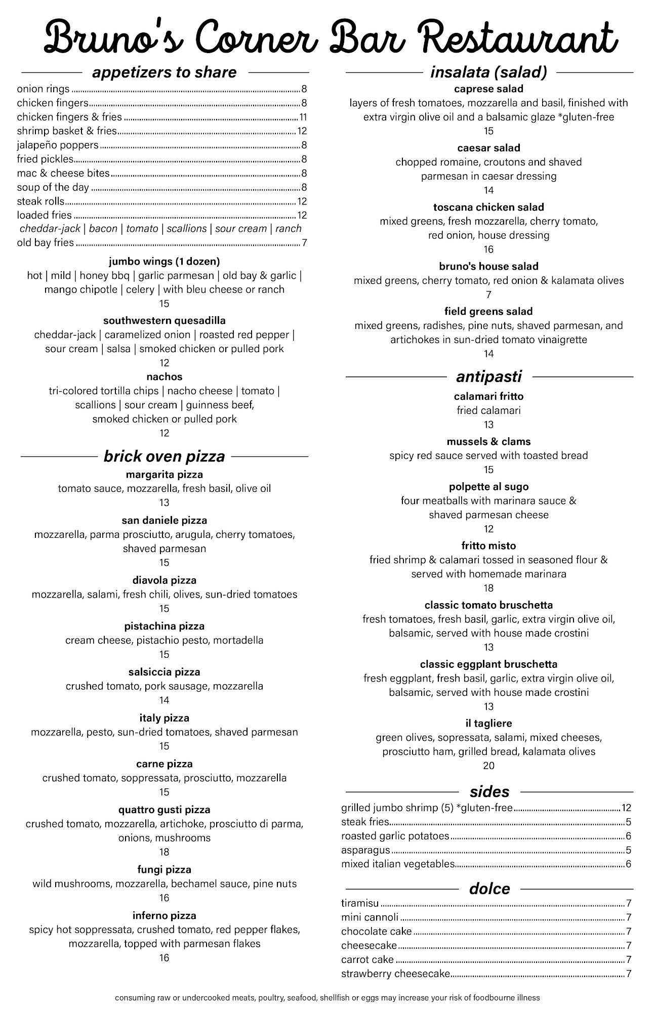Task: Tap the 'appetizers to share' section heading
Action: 164,72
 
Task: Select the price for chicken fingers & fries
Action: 303,117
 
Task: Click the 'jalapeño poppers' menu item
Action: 58,145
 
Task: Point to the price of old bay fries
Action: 304,243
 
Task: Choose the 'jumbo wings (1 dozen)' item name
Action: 164,262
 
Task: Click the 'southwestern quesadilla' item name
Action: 164,321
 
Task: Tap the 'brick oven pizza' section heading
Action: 164,456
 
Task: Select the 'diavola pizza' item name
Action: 164,580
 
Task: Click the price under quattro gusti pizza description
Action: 164,852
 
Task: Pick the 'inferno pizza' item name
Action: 164,916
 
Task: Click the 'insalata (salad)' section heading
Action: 488,72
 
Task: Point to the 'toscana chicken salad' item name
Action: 488,207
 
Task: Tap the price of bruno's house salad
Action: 488,294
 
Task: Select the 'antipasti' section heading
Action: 488,376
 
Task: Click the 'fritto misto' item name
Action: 488,546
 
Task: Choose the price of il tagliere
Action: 488,766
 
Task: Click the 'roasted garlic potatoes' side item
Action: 395,836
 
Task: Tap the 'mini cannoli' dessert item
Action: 370,917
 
